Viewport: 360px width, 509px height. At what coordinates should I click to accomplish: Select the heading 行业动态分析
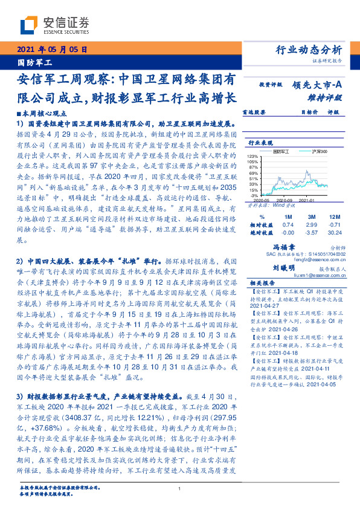[x=309, y=50]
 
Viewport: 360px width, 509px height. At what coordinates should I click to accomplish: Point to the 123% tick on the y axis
[x=253, y=156]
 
